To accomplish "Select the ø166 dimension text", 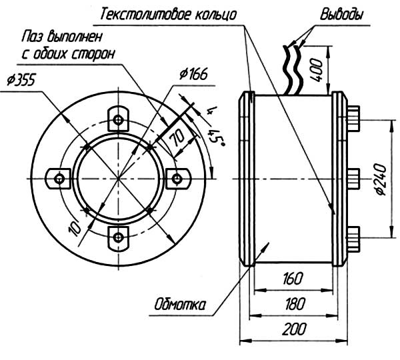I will point(194,73).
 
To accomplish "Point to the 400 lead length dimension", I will point(318,67).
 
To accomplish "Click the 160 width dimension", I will point(294,277).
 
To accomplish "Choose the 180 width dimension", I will point(294,303).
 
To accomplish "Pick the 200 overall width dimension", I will point(294,329).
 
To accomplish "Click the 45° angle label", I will point(215,137).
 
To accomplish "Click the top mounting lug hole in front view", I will point(118,120).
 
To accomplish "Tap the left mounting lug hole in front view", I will point(60,178).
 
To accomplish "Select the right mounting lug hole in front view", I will point(177,177).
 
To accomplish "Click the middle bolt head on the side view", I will point(353,178).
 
